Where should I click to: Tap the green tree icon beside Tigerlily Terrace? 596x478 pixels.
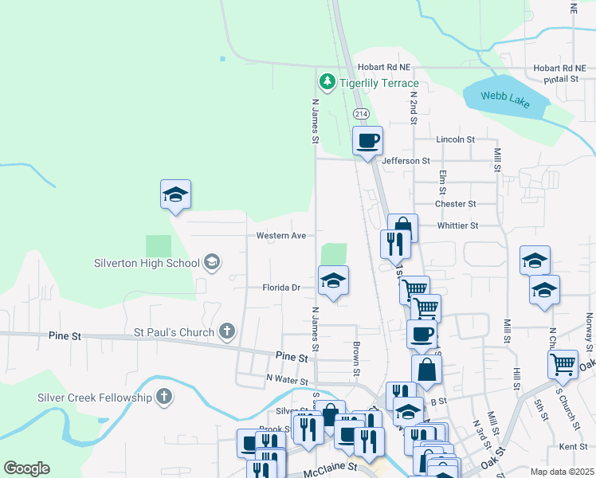[327, 81]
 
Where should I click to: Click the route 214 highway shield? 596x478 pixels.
[361, 114]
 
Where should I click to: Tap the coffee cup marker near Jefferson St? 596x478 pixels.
[367, 142]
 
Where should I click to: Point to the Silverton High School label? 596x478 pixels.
[147, 263]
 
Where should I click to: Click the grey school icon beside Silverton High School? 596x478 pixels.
[211, 262]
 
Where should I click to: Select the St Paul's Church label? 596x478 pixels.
[174, 332]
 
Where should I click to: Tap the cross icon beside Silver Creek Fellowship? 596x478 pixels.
[163, 397]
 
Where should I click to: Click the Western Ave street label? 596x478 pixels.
[281, 236]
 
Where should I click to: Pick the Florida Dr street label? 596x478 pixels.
[282, 288]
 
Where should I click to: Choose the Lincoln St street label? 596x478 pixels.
[455, 139]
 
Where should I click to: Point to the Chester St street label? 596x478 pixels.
[455, 204]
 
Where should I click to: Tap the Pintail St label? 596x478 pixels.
[562, 80]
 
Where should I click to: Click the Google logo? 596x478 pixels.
[26, 468]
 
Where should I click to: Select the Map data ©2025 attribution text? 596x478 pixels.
[562, 472]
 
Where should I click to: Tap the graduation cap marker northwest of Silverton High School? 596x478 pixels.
[176, 194]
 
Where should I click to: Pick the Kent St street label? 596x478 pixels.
[573, 447]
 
